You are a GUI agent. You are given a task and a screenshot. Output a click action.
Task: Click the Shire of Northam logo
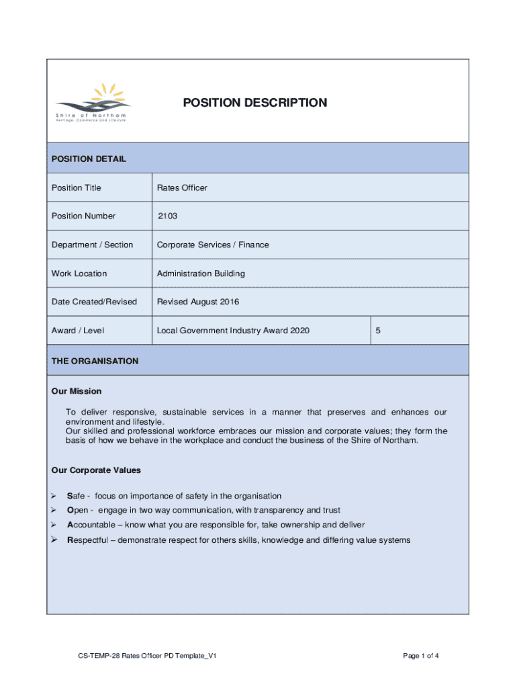pos(93,103)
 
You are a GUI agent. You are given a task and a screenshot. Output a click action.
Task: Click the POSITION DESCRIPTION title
pos(255,103)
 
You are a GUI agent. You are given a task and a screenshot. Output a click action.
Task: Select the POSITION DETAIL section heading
pos(89,159)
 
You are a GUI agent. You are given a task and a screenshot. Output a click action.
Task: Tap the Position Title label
pos(76,187)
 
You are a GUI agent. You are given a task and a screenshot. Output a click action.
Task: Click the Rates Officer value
pos(182,187)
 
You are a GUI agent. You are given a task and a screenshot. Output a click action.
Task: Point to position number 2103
pos(168,216)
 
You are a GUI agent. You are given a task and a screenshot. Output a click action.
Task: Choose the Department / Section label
pos(92,245)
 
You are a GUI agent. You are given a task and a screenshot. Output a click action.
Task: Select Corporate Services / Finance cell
pos(213,245)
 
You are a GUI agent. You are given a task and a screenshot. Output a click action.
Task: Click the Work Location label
pos(79,273)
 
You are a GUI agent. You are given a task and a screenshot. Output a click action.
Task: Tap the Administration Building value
pos(201,273)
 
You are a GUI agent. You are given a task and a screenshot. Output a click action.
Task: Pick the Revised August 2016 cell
pos(197,302)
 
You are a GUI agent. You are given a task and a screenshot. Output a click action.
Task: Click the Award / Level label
pos(77,331)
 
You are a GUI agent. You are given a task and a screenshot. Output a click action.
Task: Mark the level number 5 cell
pos(379,331)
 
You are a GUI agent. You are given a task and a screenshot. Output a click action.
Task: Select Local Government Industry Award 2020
pos(233,331)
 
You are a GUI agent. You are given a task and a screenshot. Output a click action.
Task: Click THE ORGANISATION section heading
pos(95,361)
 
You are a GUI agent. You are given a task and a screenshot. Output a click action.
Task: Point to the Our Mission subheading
pos(77,391)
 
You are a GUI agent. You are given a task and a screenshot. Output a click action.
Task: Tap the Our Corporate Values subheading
pos(96,470)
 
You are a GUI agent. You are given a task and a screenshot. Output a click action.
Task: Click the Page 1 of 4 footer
pos(422,656)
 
